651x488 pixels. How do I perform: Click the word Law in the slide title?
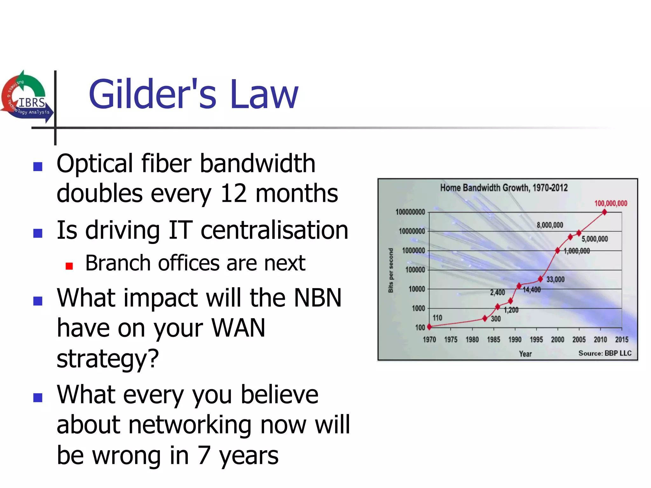click(264, 94)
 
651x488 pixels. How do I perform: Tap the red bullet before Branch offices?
click(69, 266)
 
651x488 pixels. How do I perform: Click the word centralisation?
click(274, 230)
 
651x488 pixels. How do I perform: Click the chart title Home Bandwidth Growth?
click(504, 188)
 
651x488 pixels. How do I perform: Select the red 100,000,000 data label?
click(611, 203)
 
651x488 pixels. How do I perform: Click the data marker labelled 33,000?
click(540, 279)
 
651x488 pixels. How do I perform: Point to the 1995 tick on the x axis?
click(536, 340)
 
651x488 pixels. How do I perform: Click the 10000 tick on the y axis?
click(416, 289)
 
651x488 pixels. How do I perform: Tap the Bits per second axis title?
click(391, 270)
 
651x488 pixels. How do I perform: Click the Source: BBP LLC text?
click(605, 353)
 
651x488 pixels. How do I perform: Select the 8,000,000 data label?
click(550, 225)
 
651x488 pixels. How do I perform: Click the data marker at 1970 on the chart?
click(429, 327)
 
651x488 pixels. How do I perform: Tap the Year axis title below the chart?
click(525, 354)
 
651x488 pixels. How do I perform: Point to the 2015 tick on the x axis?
click(621, 340)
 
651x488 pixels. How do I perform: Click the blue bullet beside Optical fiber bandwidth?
click(38, 166)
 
